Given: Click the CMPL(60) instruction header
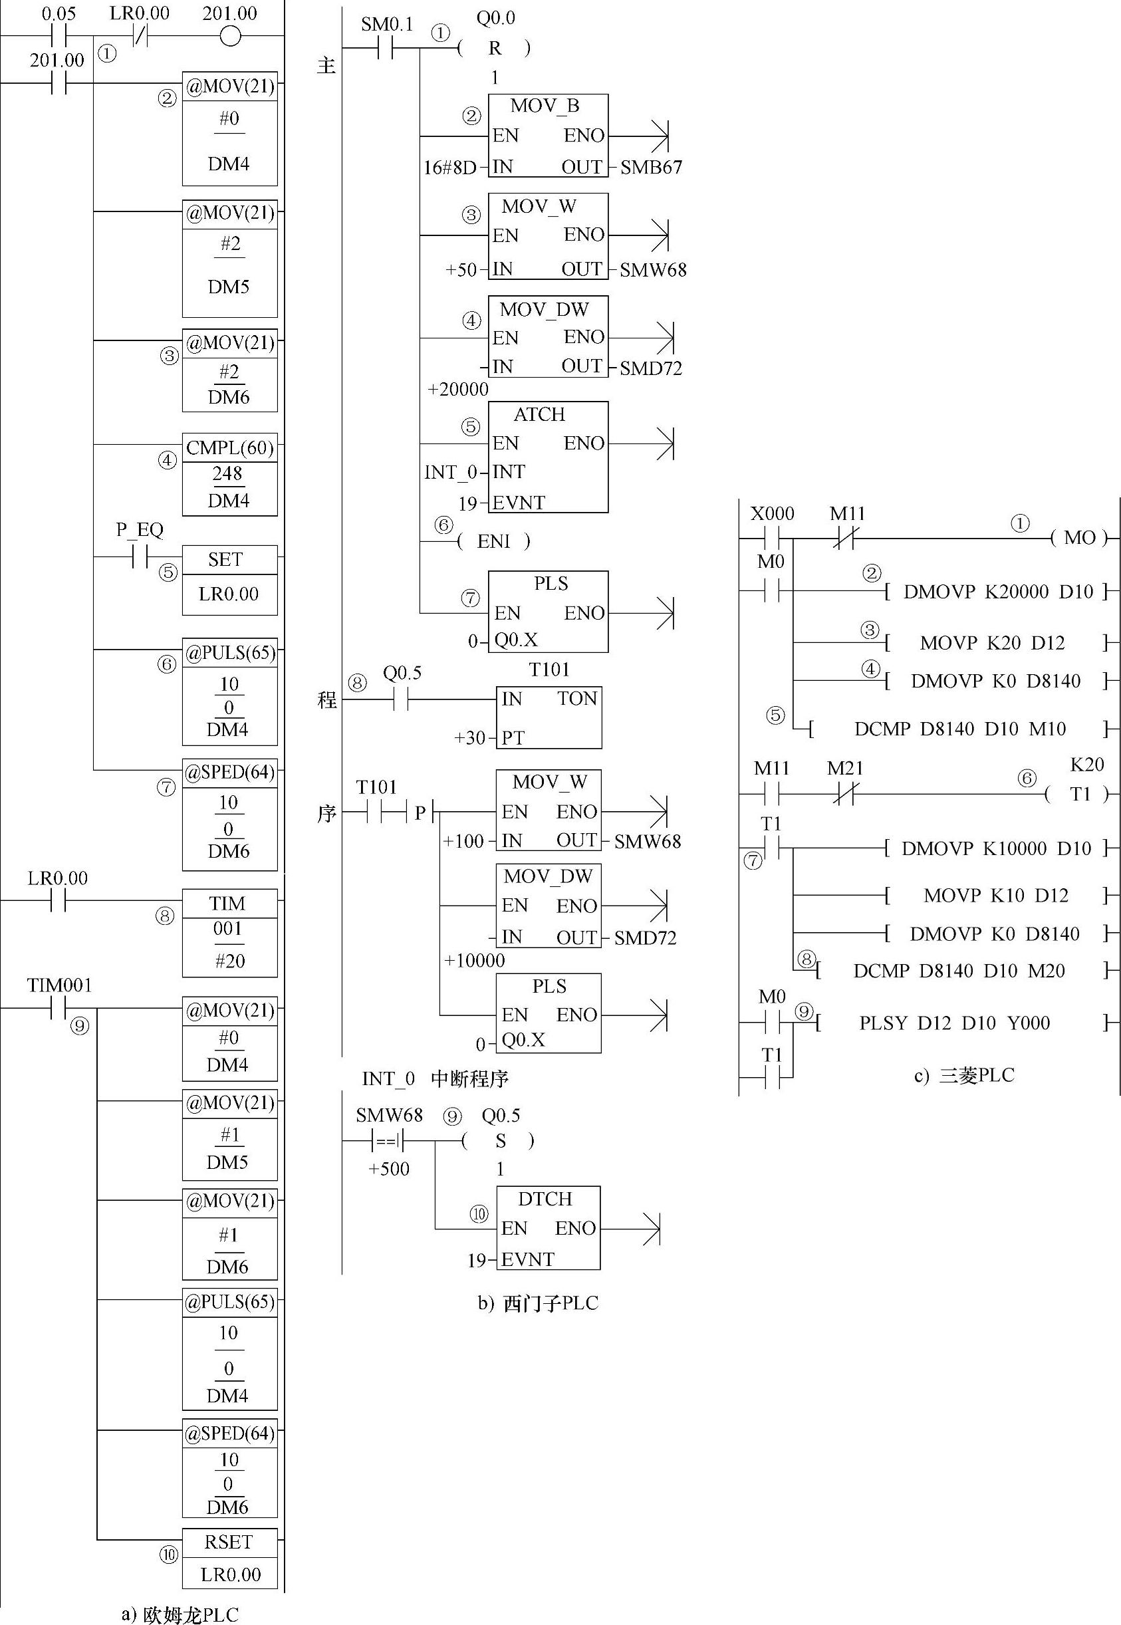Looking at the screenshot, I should point(229,448).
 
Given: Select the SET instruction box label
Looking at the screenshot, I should point(225,560).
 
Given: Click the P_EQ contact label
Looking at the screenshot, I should point(139,529).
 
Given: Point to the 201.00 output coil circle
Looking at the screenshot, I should point(230,36).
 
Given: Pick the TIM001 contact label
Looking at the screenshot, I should point(60,985).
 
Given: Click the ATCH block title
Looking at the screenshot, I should point(539,414).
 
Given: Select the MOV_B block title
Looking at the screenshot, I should point(545,106).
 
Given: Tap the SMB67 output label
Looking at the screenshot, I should point(650,167).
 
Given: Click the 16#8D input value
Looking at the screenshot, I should point(449,167).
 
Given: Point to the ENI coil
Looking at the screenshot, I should point(494,541).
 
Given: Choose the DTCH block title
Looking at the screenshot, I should point(545,1199).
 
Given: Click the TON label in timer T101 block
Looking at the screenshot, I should point(576,699).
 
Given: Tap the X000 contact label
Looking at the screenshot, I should point(772,514).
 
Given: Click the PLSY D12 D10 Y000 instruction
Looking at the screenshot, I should point(955,1023).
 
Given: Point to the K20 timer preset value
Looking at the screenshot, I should point(1086,764).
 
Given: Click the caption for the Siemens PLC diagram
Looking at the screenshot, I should point(537,1303).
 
